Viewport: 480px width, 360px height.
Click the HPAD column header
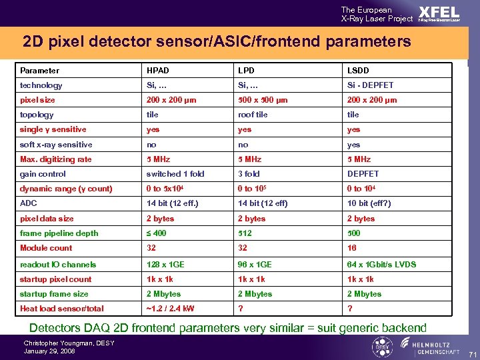click(158, 70)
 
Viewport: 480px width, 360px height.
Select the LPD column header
click(245, 70)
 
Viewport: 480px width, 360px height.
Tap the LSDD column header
click(357, 70)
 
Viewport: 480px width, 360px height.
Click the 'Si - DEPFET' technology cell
click(370, 85)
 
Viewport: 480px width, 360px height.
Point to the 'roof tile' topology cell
click(253, 115)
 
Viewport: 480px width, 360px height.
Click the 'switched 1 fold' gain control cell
click(176, 174)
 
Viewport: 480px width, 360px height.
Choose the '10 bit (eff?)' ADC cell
click(369, 203)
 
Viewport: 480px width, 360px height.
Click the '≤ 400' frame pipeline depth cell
click(157, 233)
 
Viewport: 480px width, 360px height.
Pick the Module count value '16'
click(351, 248)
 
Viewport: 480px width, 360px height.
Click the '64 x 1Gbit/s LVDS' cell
click(381, 265)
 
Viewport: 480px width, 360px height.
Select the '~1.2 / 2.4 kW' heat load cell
click(171, 309)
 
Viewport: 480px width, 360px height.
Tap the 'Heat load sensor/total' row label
click(62, 309)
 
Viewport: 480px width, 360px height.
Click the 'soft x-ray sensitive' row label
click(56, 145)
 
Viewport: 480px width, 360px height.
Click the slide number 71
click(472, 353)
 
